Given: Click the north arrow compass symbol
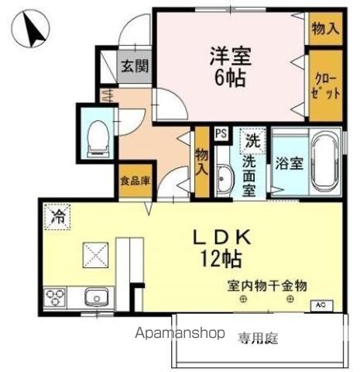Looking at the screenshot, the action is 31,28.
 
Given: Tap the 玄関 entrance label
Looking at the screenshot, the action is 135,66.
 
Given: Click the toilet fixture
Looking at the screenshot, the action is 98,139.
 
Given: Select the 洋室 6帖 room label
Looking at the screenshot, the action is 230,67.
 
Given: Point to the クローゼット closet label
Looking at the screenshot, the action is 325,87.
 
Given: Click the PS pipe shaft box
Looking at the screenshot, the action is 221,133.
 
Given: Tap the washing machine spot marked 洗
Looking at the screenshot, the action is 252,141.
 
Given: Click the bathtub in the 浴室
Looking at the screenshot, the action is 326,162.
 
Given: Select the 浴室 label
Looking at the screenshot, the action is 289,164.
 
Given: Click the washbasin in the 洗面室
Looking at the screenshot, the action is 225,179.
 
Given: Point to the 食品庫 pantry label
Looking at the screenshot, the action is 135,181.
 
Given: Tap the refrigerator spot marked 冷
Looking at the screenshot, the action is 57,217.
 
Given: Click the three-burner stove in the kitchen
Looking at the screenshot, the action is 55,297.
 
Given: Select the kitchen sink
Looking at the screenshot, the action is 96,298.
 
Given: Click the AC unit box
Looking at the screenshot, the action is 321,305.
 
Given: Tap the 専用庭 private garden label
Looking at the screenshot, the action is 258,338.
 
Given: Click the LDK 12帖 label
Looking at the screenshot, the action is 222,248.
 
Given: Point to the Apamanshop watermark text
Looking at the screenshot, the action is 180,332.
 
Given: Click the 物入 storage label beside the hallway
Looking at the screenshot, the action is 202,163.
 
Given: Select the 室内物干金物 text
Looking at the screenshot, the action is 267,286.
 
